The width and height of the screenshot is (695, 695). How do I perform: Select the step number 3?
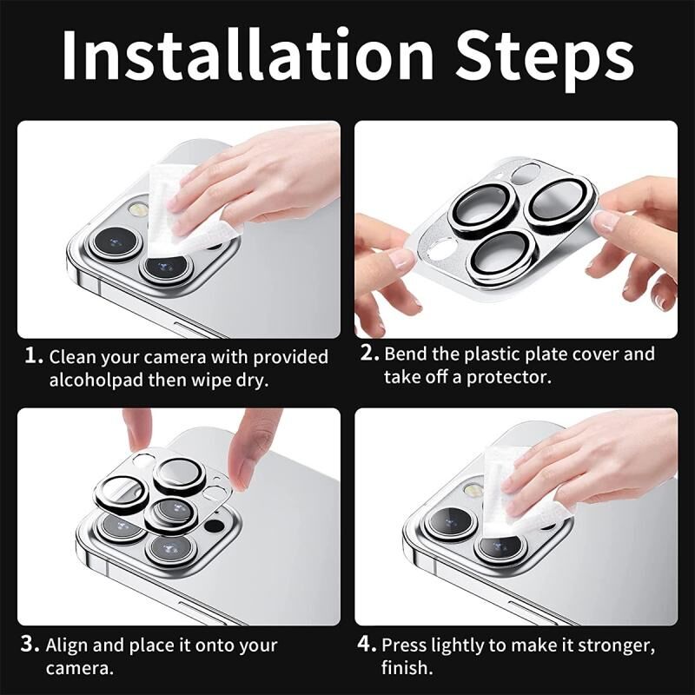pos(31,645)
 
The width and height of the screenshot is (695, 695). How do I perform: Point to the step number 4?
pos(367,645)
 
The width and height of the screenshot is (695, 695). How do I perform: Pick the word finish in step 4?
pos(407,668)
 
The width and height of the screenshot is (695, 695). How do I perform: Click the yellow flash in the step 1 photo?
pos(136,209)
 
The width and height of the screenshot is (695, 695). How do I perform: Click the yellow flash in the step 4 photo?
pos(472,490)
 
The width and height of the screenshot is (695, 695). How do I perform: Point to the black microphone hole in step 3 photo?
pos(214,526)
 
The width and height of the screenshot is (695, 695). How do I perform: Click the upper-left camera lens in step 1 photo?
pos(116,242)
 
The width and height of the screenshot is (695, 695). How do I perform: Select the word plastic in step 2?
pos(491,354)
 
